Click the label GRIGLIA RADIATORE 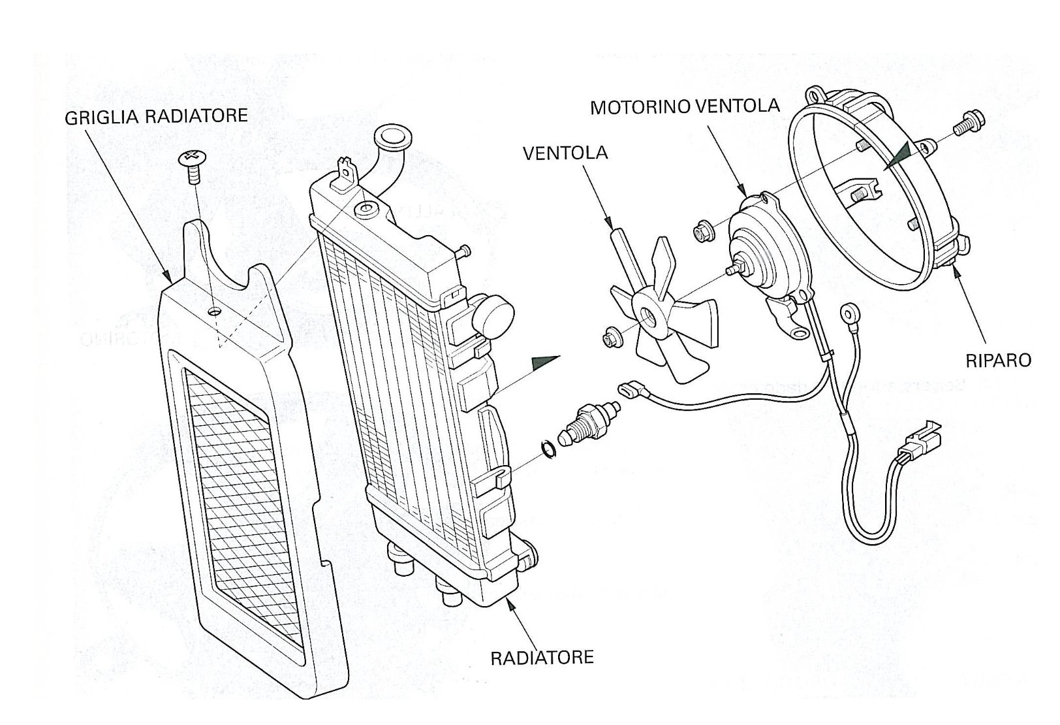(156, 116)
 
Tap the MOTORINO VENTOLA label (684, 106)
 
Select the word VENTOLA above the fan (565, 153)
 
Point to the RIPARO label (998, 360)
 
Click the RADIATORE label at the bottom (542, 656)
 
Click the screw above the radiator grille (191, 163)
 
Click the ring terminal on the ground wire (850, 309)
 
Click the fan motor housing (760, 242)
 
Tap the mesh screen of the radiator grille (242, 483)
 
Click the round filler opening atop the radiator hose (392, 138)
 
